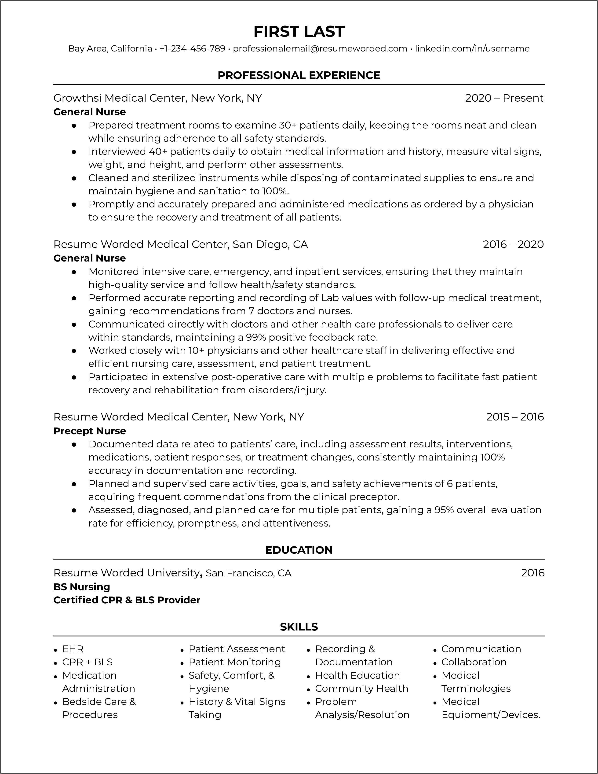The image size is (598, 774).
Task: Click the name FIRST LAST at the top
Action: pos(299,32)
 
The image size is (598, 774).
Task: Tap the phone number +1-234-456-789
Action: pos(192,48)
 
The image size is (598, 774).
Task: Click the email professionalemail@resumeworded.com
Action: pos(320,48)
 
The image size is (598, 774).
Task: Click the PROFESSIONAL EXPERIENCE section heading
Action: pos(299,75)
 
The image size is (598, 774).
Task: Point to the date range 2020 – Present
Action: pos(504,98)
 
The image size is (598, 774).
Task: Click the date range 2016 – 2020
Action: pos(513,244)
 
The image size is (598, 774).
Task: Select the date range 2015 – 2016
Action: pos(515,417)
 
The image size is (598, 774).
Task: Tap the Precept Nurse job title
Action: pos(90,431)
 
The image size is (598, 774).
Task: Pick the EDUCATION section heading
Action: pos(299,550)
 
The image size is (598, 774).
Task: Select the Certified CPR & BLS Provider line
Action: pos(127,600)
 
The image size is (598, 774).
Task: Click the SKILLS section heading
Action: pos(299,627)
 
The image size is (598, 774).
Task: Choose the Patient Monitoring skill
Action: pos(234,662)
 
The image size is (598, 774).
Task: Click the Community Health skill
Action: pos(361,689)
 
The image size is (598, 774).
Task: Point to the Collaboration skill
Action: pos(474,662)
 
